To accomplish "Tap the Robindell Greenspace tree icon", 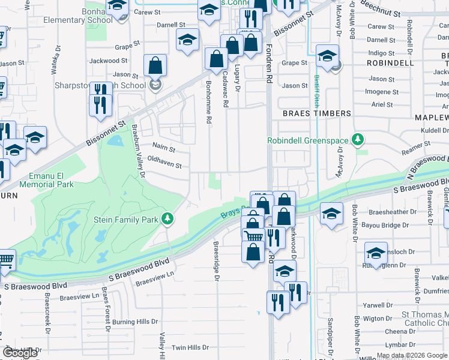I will pyautogui.click(x=358, y=140).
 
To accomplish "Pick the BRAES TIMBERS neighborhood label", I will pyautogui.click(x=316, y=113).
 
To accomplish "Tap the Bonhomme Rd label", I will pyautogui.click(x=209, y=102).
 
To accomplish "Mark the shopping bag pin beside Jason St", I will pyautogui.click(x=155, y=65).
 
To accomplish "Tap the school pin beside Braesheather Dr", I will pyautogui.click(x=331, y=214).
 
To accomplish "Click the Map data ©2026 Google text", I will pyautogui.click(x=412, y=355).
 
